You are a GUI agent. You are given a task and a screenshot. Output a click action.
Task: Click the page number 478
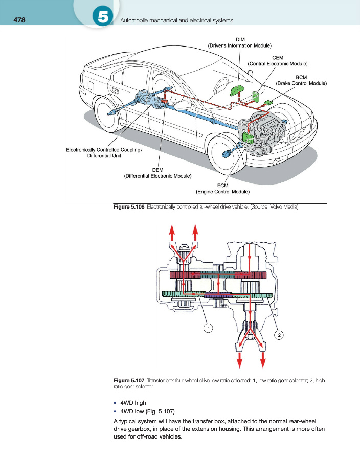tap(19, 20)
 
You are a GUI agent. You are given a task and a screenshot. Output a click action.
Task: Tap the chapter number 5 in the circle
tap(103, 17)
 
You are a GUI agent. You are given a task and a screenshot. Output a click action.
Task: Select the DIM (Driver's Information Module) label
tap(240, 42)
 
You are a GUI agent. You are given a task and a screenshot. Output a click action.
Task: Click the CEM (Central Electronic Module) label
tap(278, 61)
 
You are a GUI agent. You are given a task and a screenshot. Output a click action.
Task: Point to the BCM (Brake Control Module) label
tap(301, 80)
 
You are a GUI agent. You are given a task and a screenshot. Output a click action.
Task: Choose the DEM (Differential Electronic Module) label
tap(157, 173)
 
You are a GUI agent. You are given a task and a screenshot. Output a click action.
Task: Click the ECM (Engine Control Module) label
tap(222, 188)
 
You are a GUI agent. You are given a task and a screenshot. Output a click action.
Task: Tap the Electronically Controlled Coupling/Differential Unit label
tap(104, 152)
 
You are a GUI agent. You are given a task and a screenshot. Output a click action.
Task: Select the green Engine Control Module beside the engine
tap(248, 137)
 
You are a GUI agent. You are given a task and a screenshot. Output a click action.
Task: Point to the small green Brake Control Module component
tap(268, 102)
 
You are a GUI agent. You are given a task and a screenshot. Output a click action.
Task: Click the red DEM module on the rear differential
tap(164, 102)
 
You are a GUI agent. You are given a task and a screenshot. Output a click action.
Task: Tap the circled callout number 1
tap(208, 328)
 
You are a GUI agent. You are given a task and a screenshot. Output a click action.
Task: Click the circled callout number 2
tap(279, 335)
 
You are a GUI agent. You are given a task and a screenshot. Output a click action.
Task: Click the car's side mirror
tap(183, 105)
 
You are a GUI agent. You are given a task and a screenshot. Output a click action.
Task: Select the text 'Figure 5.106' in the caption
tap(129, 207)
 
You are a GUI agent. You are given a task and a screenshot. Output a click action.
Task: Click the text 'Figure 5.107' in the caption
tap(129, 380)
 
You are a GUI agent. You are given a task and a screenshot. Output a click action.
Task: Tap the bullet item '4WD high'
tap(133, 403)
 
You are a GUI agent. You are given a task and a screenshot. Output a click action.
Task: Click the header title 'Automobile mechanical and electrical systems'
tap(176, 20)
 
